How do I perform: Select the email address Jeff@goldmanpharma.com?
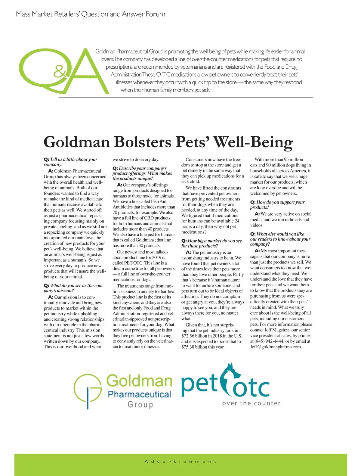coord(276,347)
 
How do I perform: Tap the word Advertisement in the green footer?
coord(180,461)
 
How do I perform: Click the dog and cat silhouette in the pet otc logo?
coord(230,378)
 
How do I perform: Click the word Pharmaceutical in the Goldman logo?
coord(139,394)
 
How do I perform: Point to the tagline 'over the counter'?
coord(251,403)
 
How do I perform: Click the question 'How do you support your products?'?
coord(277,205)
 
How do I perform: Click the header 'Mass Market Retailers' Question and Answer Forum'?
coord(91,14)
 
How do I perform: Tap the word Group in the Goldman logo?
coord(140,404)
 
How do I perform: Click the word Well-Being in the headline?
coord(253,142)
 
